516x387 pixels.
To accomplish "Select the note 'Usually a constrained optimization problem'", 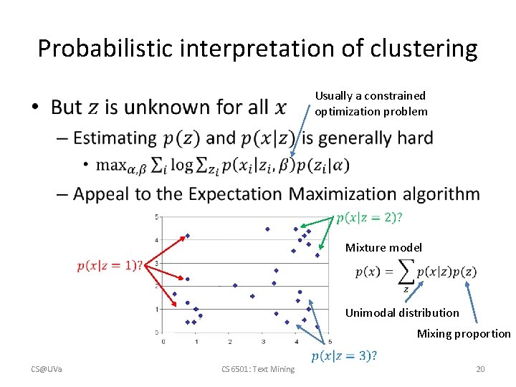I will (x=371, y=103).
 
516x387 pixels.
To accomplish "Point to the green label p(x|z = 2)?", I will (x=368, y=217).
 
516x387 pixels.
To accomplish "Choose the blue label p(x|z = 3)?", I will (x=344, y=356).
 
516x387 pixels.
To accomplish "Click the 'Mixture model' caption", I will (x=383, y=247).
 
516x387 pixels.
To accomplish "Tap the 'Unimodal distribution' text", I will (x=402, y=312).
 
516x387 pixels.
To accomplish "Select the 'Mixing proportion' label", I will (x=464, y=333).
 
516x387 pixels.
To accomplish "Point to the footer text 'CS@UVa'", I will (x=47, y=369).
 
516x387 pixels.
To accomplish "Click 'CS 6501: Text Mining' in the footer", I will (x=257, y=369).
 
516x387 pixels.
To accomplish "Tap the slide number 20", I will (x=480, y=369).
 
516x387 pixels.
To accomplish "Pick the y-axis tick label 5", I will (x=157, y=216).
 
